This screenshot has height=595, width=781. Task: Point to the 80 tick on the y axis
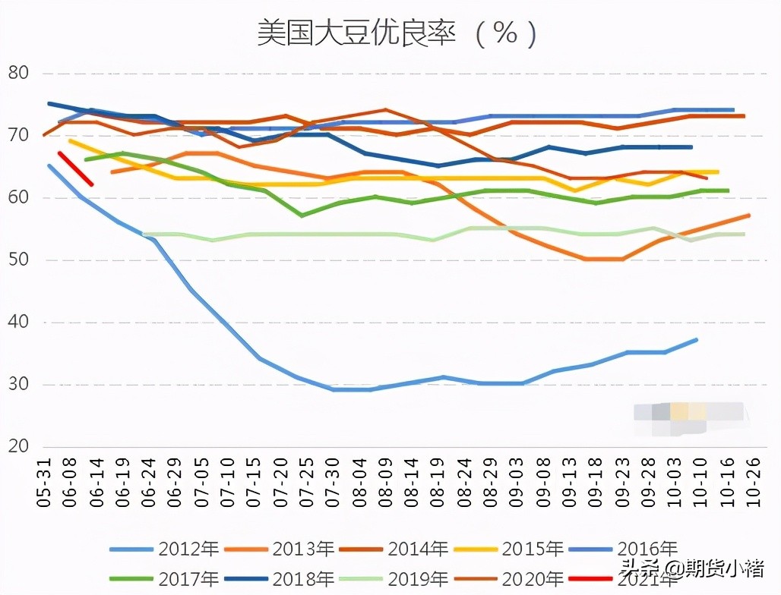point(17,74)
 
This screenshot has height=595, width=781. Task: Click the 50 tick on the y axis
point(17,260)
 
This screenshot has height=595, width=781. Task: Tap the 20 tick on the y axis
point(17,446)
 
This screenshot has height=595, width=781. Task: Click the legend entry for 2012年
point(164,549)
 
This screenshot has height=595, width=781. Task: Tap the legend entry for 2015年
point(508,549)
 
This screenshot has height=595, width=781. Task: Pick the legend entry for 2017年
point(164,578)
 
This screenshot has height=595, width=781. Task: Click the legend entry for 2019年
point(394,578)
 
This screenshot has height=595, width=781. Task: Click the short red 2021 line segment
point(75,168)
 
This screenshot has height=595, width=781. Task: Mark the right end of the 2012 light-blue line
point(696,340)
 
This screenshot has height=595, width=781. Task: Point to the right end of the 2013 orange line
point(748,216)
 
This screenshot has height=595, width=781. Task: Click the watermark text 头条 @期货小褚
point(691,568)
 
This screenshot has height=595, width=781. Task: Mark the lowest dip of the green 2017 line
point(302,216)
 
